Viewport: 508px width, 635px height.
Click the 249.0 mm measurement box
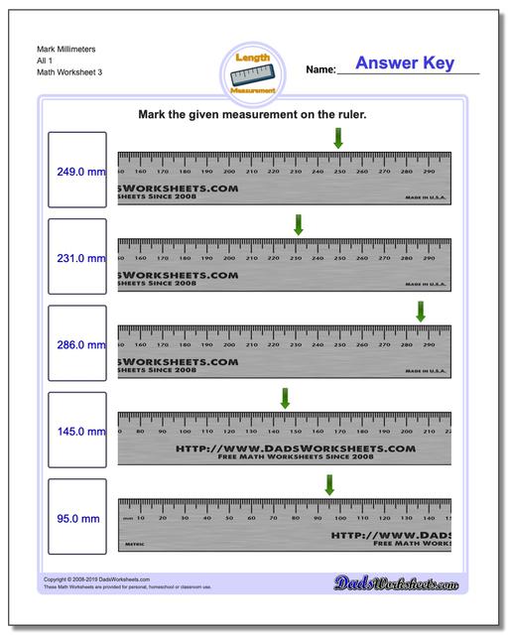pos(76,172)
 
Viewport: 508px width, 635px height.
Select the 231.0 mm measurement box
pos(76,258)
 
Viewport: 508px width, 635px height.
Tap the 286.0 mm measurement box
pos(76,345)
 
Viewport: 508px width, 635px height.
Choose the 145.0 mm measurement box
pos(76,432)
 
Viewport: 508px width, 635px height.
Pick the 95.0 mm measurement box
pos(76,518)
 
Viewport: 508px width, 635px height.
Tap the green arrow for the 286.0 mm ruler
pos(421,311)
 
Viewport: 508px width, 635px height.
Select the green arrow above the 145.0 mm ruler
pos(285,397)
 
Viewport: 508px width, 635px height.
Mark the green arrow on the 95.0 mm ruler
pos(329,484)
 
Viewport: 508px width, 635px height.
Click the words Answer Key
pos(405,63)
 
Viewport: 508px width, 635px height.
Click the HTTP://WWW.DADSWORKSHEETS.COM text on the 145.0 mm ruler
pos(295,448)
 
